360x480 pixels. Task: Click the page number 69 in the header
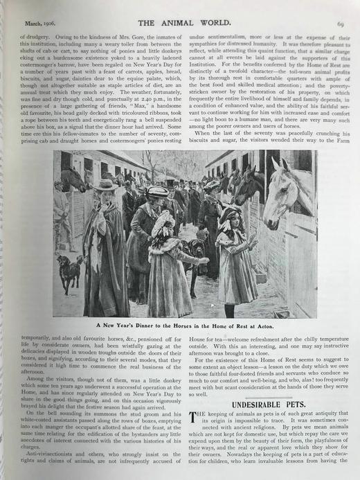pyautogui.click(x=341, y=23)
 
